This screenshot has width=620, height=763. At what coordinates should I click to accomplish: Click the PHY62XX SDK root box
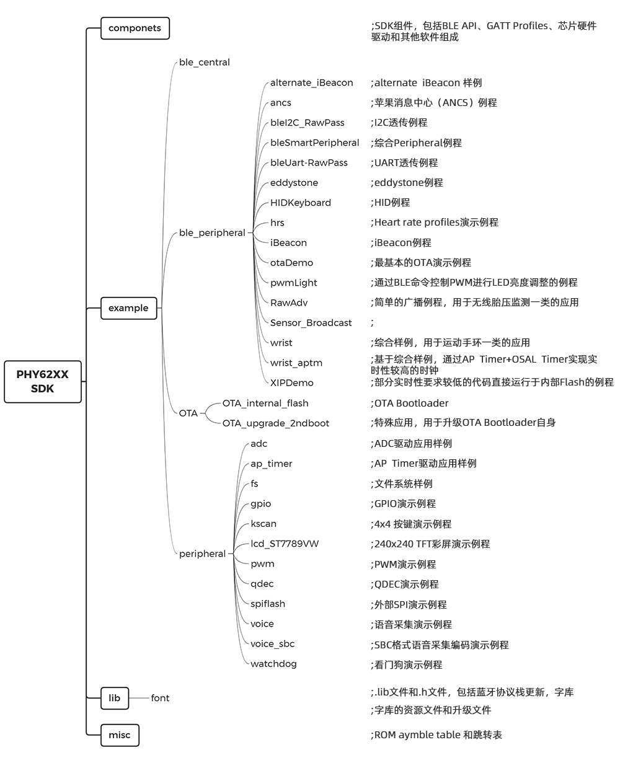43,382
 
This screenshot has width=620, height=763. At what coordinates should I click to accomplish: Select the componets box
135,28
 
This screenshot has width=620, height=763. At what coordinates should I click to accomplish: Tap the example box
128,308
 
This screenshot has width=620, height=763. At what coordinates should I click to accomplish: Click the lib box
115,698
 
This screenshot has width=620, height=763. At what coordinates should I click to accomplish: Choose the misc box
120,735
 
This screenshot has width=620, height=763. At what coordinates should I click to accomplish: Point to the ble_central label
204,63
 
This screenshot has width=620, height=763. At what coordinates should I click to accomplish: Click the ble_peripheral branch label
212,233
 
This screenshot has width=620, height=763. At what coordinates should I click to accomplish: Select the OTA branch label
188,413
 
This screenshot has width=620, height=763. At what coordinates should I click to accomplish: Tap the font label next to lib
160,698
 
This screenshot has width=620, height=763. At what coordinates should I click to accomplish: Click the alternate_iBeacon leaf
311,82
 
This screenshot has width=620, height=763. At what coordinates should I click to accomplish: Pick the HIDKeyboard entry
300,203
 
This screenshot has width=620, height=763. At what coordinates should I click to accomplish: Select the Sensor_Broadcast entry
311,323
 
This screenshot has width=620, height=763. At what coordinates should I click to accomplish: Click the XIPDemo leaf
291,383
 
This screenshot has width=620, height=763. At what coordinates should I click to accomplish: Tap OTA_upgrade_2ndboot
275,423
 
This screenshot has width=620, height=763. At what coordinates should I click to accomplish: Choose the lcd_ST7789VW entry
285,544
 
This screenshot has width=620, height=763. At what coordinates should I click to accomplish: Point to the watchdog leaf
273,664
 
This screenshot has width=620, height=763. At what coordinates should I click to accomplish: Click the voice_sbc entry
272,644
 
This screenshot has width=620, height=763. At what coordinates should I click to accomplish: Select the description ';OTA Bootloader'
409,404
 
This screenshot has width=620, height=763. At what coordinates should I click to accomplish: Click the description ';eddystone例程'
407,183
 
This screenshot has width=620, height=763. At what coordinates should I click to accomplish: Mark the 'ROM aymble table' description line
436,735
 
